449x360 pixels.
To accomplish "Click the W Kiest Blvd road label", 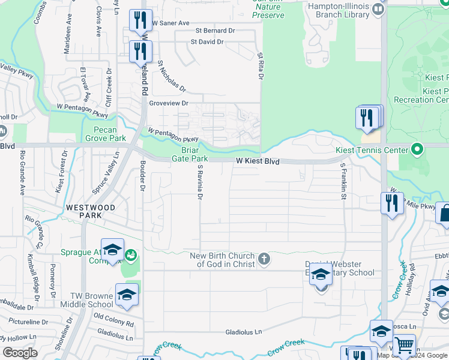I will [258, 161].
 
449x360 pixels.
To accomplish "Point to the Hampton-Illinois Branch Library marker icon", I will [378, 9].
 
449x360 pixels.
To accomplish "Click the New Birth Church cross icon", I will [264, 260].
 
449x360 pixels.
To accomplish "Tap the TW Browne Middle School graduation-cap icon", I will [127, 295].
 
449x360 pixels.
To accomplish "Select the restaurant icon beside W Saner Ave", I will [140, 21].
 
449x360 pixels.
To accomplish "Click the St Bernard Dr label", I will [215, 31].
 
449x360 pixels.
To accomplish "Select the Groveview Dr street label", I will [168, 103].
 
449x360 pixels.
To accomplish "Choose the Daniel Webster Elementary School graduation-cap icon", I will [321, 275].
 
